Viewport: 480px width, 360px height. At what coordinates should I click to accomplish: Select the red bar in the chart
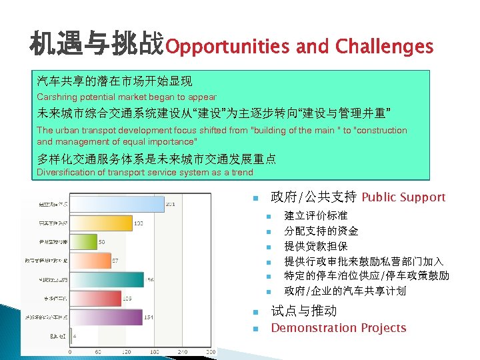[x=93, y=299]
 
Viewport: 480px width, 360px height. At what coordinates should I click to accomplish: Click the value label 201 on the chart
[x=171, y=204]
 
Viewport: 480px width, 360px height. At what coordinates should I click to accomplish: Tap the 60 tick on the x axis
[x=99, y=351]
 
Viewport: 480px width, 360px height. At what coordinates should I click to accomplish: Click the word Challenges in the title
[x=384, y=47]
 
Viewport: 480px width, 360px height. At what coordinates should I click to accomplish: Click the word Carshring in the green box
[x=58, y=97]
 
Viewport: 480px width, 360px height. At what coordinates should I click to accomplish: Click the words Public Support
[x=403, y=197]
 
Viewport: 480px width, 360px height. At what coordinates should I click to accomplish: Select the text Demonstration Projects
[x=338, y=328]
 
